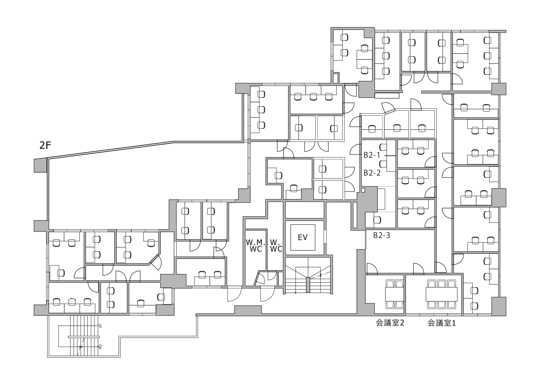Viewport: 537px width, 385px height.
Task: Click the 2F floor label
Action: click(45, 145)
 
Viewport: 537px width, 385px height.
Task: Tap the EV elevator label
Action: click(303, 237)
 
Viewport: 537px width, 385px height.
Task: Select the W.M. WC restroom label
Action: click(255, 246)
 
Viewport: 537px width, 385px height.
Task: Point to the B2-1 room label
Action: click(372, 155)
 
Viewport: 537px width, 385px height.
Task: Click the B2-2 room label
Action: click(372, 173)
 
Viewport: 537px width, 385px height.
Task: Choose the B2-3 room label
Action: click(382, 235)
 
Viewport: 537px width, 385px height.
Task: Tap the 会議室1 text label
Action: click(442, 323)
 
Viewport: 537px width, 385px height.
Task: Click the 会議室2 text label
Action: click(390, 323)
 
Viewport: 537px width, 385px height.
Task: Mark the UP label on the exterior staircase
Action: click(100, 326)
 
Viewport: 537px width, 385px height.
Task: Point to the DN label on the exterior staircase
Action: click(100, 347)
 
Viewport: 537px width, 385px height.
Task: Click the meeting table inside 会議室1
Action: click(442, 294)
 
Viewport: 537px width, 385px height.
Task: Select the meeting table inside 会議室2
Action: click(394, 294)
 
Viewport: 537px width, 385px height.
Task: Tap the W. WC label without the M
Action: click(276, 246)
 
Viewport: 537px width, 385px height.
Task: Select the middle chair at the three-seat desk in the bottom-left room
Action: click(72, 302)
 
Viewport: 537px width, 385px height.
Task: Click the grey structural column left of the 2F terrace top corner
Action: click(40, 165)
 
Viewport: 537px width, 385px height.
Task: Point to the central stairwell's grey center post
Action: click(308, 285)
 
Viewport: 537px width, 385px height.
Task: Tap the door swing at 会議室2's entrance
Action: click(372, 269)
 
